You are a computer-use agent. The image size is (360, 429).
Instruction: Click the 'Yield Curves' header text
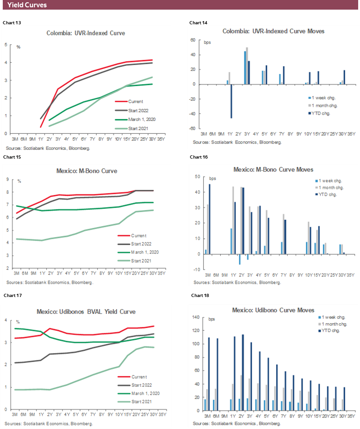coord(27,5)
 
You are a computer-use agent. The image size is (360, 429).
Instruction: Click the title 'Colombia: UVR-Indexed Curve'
coord(86,33)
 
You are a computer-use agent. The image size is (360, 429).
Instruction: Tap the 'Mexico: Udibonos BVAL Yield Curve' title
coord(86,312)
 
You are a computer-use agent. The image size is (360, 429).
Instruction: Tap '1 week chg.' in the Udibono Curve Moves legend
coord(332,317)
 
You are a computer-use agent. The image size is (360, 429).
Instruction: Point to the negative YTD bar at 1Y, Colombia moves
coord(231,101)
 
